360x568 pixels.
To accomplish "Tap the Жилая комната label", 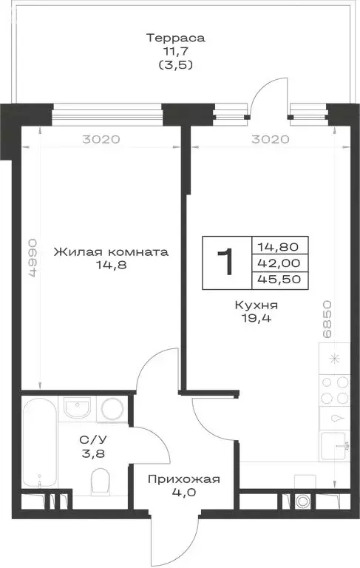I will point(112,251).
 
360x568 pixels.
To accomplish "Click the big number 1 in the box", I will point(227,262).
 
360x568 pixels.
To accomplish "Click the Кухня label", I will point(255,305).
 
